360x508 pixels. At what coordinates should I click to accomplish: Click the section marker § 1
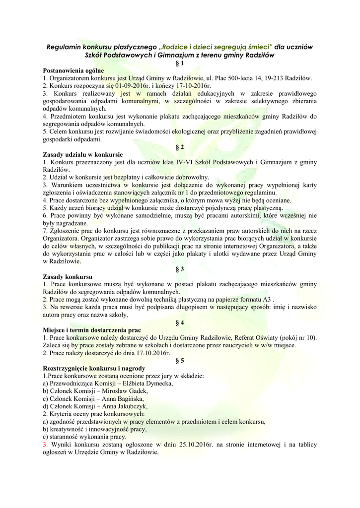[180, 63]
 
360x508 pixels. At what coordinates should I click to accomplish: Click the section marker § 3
[180, 269]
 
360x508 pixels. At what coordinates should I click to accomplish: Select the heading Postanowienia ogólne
[73, 71]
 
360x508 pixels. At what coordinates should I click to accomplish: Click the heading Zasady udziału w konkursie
[82, 155]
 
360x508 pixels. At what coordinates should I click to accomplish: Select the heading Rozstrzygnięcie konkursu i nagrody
[94, 368]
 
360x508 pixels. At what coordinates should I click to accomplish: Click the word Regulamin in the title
[64, 47]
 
